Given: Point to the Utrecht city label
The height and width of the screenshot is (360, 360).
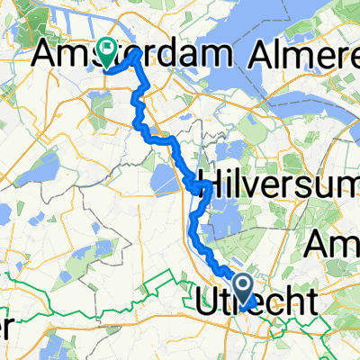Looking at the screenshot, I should (256, 302).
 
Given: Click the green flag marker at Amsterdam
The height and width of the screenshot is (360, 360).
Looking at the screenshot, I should (109, 52).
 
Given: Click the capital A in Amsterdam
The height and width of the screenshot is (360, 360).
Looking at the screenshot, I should (45, 55).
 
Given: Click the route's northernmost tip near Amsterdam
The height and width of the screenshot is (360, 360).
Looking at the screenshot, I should (137, 52).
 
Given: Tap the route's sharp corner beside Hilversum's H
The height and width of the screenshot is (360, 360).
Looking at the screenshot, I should (210, 184).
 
